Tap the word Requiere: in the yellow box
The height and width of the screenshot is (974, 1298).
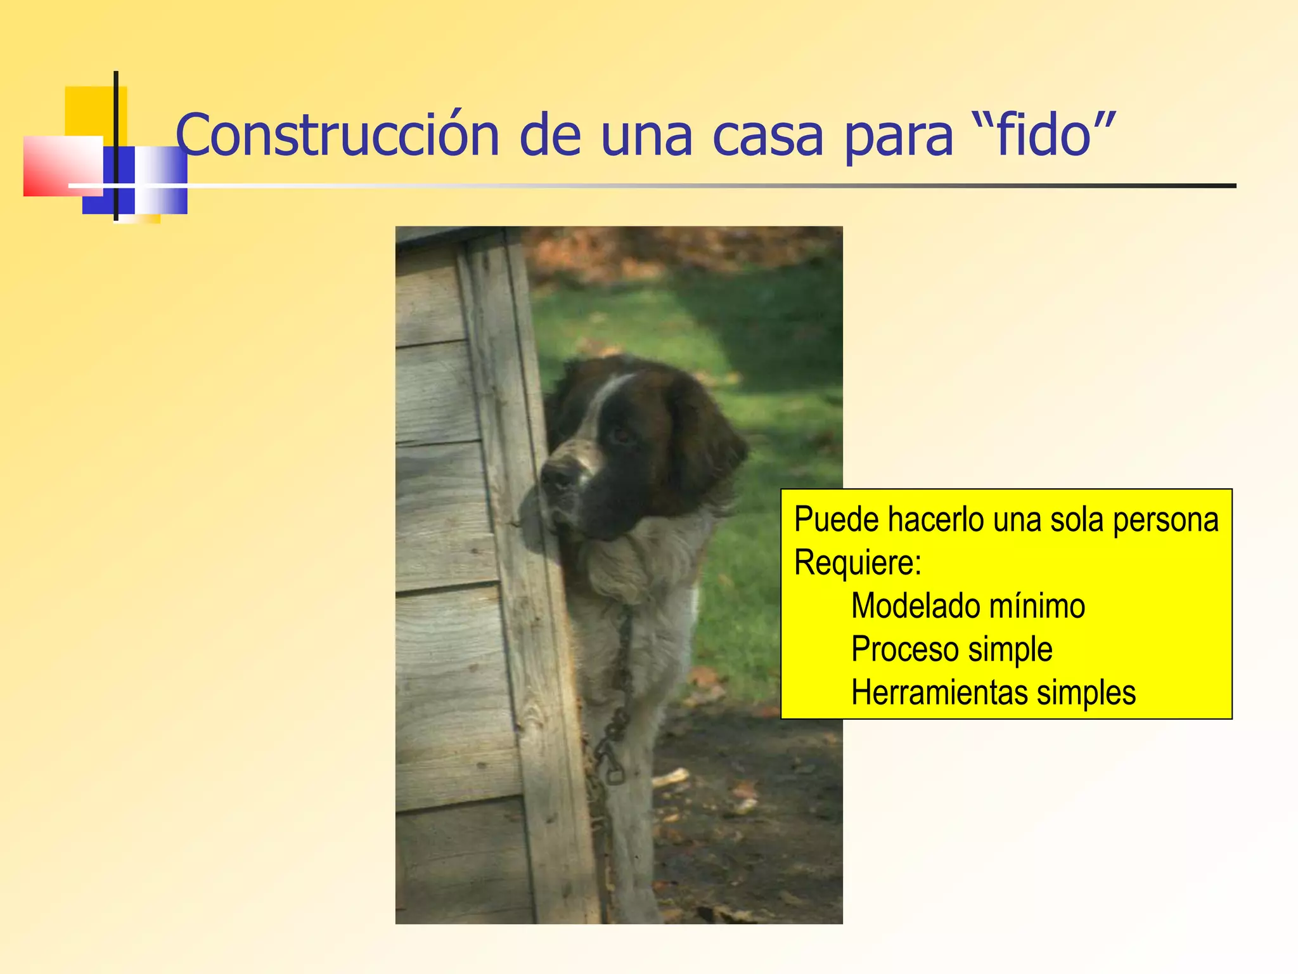[x=858, y=562]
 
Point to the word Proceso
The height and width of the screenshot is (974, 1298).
[x=905, y=649]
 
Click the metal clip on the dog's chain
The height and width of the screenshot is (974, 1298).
[x=613, y=767]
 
